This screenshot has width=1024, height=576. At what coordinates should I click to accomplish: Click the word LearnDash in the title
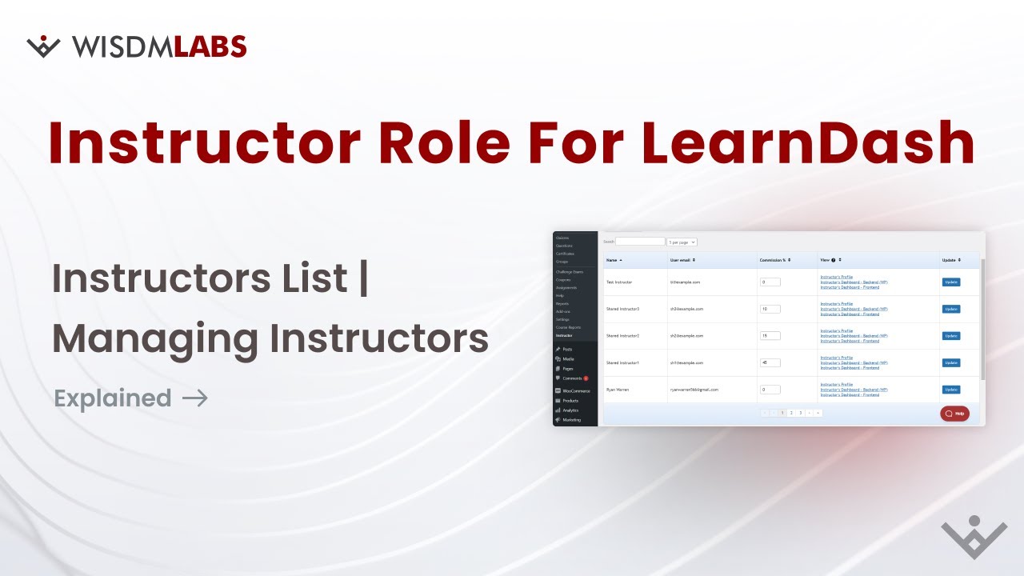point(808,142)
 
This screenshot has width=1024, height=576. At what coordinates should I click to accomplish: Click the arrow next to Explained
point(195,398)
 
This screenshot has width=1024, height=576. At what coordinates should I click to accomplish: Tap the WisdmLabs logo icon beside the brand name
point(43,46)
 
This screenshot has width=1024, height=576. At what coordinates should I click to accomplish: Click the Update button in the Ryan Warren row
point(950,390)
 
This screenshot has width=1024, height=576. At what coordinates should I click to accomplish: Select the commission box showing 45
point(770,362)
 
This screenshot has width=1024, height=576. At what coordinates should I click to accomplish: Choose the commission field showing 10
point(770,309)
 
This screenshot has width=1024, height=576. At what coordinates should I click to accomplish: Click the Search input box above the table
point(640,242)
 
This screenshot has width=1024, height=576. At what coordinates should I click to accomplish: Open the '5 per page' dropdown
point(682,242)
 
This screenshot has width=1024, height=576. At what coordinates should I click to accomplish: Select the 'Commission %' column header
point(774,260)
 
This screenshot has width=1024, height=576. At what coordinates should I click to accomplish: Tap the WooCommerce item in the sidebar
point(576,390)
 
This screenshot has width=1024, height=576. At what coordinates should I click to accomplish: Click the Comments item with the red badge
point(573,378)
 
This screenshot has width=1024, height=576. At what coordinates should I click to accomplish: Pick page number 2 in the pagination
point(790,413)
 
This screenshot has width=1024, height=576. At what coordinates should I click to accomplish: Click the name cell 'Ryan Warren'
point(618,390)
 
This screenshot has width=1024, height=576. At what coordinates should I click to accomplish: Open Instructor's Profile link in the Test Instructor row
point(837,277)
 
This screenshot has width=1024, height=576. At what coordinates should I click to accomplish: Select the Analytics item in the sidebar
point(570,410)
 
